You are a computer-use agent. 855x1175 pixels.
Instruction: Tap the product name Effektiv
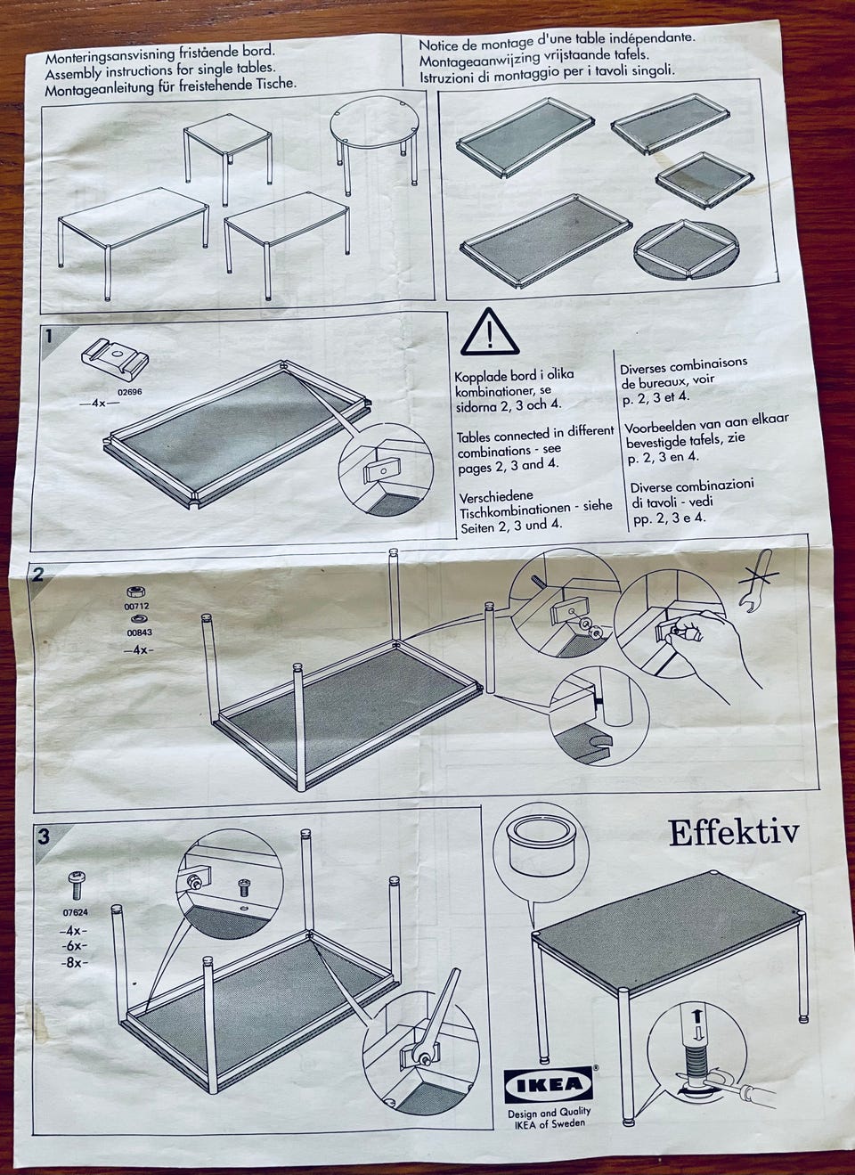pyautogui.click(x=734, y=832)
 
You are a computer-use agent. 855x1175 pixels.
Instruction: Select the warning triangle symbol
pyautogui.click(x=490, y=332)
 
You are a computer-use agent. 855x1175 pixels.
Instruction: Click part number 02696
pyautogui.click(x=129, y=391)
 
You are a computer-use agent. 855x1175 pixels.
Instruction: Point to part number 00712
pyautogui.click(x=136, y=606)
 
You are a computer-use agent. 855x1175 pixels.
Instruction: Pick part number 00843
pyautogui.click(x=139, y=632)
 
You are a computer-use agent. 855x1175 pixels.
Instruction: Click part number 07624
pyautogui.click(x=76, y=912)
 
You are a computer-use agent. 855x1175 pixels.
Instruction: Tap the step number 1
pyautogui.click(x=49, y=336)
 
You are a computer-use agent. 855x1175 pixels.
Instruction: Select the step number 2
pyautogui.click(x=37, y=575)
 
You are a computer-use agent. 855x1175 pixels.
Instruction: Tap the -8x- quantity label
pyautogui.click(x=74, y=963)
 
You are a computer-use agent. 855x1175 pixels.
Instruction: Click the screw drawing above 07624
pyautogui.click(x=77, y=885)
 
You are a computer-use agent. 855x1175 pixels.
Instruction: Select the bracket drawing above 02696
pyautogui.click(x=115, y=358)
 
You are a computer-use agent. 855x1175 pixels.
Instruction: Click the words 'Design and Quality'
pyautogui.click(x=550, y=1112)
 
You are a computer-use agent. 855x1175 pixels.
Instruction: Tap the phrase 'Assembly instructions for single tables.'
pyautogui.click(x=160, y=69)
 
